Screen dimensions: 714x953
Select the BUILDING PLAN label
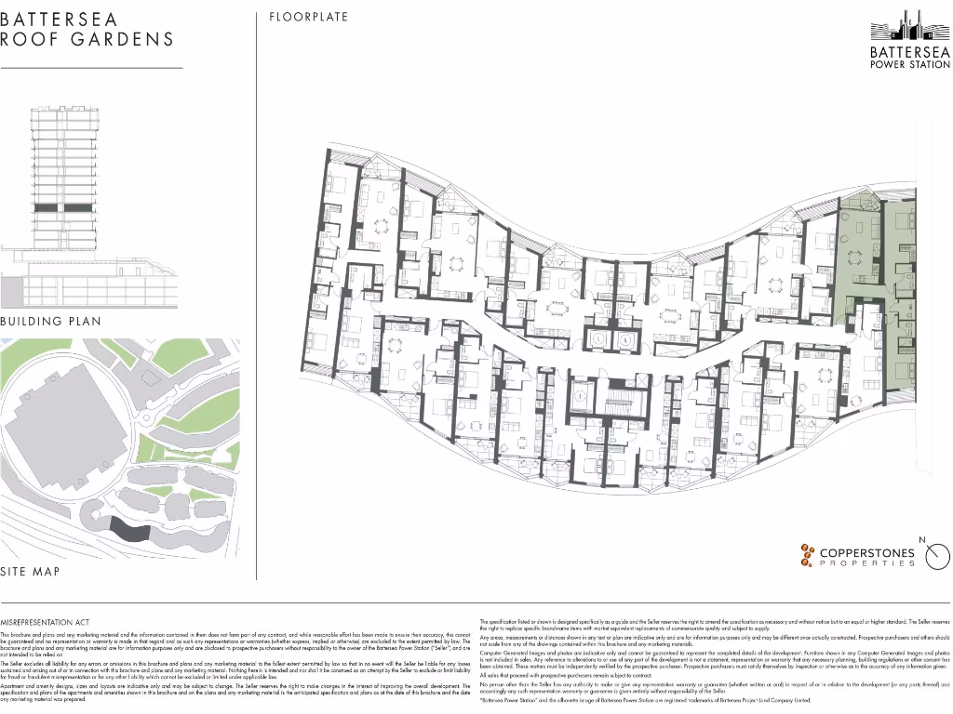[51, 321]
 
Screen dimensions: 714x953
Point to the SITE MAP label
[31, 572]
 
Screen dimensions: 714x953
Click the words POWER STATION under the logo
[910, 63]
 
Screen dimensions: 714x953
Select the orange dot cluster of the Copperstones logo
[806, 555]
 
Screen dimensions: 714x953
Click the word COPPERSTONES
[867, 552]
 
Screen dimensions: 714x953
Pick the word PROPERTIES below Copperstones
[867, 563]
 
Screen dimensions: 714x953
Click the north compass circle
[938, 556]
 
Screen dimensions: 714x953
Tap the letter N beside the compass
[921, 540]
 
